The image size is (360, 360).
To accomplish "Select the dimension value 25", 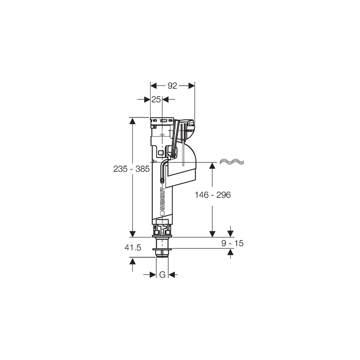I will click(x=156, y=100).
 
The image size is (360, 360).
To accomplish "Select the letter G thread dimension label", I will click(x=162, y=274).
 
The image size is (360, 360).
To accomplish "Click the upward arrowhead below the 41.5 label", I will click(x=132, y=261).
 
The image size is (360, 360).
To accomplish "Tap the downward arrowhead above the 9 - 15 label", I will click(x=231, y=233).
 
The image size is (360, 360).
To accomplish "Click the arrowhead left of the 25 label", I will click(x=146, y=99).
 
